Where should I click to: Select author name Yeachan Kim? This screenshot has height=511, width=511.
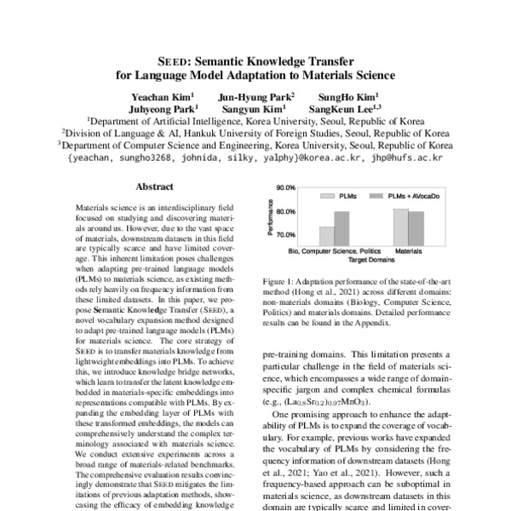coord(163,97)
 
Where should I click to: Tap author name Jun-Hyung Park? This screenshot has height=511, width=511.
coord(256,97)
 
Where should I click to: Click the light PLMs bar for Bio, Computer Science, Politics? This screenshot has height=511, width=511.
coord(326,234)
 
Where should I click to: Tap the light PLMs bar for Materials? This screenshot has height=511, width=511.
coord(400,226)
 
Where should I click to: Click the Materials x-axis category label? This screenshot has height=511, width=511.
coord(408,252)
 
